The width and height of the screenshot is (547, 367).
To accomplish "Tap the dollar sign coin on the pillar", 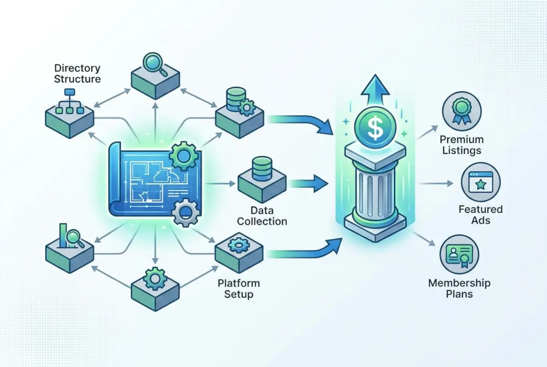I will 375,128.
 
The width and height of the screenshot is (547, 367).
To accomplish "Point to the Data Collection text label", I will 262,216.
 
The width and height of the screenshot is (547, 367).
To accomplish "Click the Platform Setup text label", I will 238,288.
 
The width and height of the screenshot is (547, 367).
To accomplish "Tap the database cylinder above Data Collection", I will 262,168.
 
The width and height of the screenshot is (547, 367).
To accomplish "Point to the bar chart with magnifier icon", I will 69,235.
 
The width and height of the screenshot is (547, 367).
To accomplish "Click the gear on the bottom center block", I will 154,278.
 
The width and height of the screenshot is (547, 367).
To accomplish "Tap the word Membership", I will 459,283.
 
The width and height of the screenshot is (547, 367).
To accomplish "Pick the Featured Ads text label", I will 480,215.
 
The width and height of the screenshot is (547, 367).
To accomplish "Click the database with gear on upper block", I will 239,100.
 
